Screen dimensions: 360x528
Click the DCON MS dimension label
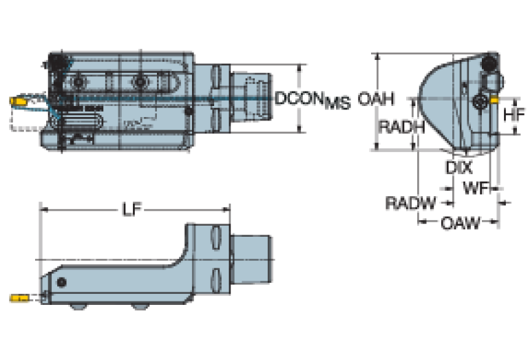coord(312,100)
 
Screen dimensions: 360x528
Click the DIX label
coord(458,167)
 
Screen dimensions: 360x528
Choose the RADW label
coord(410,203)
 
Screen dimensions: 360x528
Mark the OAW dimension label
coord(460,222)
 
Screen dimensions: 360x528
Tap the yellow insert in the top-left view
coord(18,102)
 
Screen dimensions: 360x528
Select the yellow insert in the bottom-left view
coord(19,298)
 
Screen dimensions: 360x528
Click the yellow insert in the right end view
coord(496,101)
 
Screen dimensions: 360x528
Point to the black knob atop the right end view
coord(490,61)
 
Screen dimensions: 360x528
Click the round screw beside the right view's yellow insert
coord(481,103)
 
